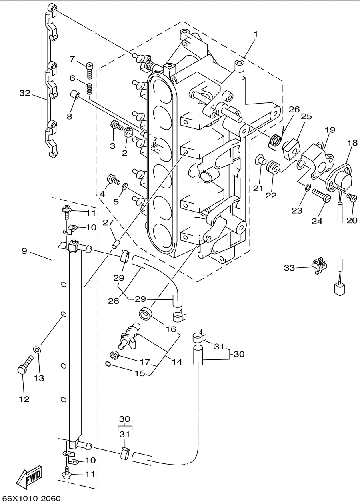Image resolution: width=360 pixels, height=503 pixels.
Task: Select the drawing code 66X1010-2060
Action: pos(30,499)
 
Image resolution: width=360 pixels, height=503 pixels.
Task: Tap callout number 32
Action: pos(25,93)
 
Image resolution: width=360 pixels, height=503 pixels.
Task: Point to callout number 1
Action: pos(256,34)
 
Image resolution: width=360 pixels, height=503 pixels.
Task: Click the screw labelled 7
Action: pos(89,70)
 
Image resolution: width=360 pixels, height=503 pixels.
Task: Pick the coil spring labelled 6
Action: pos(90,89)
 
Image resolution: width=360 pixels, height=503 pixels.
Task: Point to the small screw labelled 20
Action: pos(352,197)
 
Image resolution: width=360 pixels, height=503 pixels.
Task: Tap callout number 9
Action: pos(24,251)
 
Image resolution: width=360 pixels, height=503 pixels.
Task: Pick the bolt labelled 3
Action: pos(116,127)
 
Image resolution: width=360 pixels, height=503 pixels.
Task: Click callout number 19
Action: pos(330,130)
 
